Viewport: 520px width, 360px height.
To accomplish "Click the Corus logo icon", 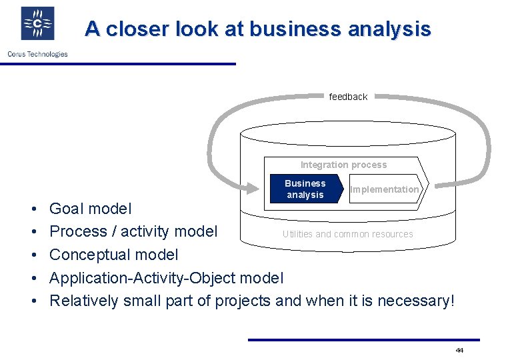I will (37, 23).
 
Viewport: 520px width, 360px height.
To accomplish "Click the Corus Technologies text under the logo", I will (37, 54).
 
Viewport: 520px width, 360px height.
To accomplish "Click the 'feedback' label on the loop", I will (348, 97).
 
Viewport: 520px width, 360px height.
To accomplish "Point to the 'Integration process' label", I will (343, 165).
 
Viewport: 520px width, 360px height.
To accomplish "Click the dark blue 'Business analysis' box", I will (305, 189).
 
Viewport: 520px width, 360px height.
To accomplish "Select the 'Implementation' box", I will (385, 189).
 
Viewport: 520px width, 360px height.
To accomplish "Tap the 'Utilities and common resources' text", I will (347, 234).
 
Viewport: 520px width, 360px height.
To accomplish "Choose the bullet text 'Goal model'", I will (91, 209).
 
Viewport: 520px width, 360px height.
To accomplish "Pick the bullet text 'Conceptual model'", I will (114, 255).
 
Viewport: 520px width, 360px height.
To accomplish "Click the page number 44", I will (459, 350).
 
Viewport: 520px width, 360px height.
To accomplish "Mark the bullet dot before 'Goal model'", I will (33, 209).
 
